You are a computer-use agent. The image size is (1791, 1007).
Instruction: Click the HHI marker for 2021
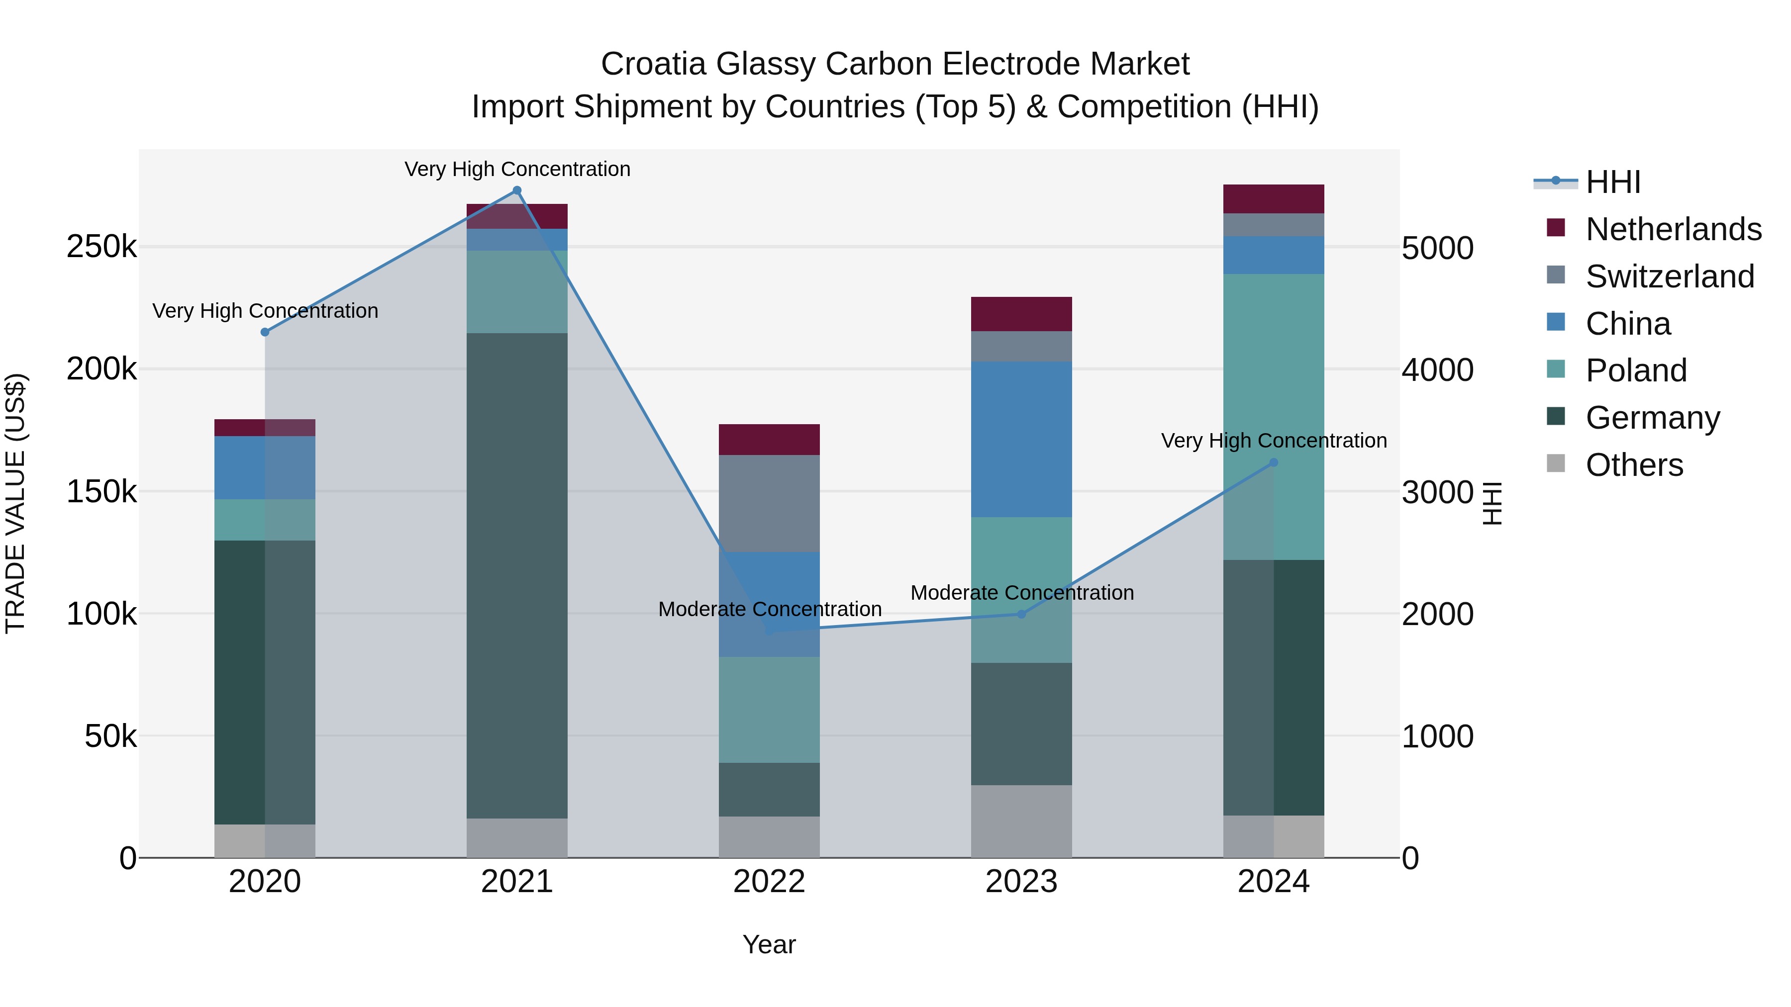[x=516, y=190]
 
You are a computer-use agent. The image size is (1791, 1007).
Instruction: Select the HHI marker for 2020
[x=265, y=332]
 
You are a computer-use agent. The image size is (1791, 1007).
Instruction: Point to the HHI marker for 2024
[x=1273, y=462]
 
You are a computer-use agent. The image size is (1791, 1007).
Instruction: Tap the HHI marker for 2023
[x=1021, y=614]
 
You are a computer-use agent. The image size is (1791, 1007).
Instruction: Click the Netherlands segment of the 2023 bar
[x=1021, y=314]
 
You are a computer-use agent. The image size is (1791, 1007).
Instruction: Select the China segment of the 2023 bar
[x=1021, y=439]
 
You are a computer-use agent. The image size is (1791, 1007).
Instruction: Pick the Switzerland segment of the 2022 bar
[x=769, y=504]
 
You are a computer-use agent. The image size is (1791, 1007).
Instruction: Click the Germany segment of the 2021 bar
[x=516, y=575]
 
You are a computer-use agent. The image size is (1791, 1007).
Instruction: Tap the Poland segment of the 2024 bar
[x=1273, y=417]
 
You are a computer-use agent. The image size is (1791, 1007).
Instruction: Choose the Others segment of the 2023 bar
[x=1021, y=822]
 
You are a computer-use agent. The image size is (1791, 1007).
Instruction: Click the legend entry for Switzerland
[x=1669, y=276]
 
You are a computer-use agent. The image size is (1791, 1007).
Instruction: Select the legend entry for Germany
[x=1652, y=418]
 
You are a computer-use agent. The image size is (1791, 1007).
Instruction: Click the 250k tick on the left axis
[x=101, y=247]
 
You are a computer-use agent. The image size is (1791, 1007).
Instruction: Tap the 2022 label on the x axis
[x=769, y=882]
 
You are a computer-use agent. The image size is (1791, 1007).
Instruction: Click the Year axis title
[x=769, y=944]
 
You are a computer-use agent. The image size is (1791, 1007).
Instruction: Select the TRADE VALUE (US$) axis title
[x=15, y=503]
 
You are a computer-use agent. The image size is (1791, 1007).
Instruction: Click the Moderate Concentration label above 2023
[x=1021, y=593]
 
